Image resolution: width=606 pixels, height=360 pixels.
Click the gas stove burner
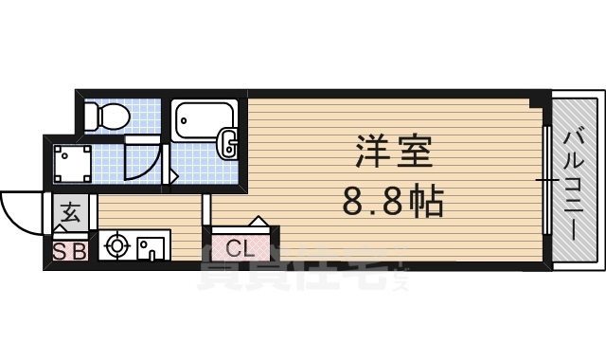(117, 246)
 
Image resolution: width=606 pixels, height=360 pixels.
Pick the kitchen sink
(151, 247)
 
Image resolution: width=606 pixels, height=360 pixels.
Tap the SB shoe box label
(69, 252)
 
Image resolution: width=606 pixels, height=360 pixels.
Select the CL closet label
(240, 250)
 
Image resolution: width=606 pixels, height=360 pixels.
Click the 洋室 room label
(394, 152)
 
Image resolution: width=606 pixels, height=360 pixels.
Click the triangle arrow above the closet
(257, 221)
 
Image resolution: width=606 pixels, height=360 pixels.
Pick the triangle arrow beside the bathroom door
(172, 176)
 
